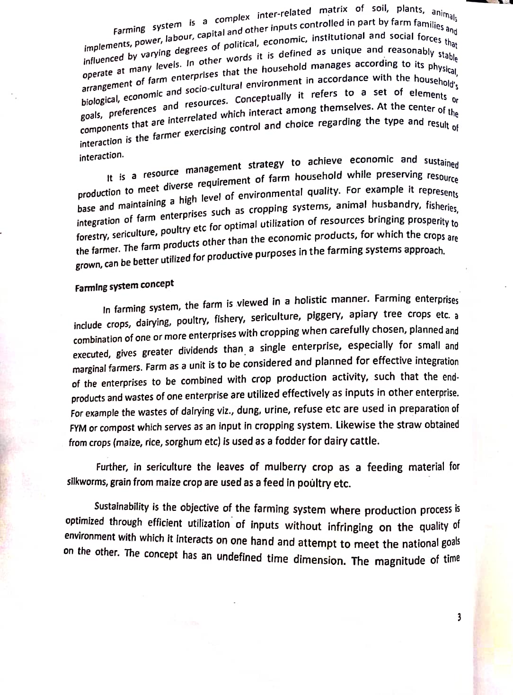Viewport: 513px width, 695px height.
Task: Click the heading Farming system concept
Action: (x=124, y=285)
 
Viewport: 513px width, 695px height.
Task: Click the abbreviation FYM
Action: (x=78, y=428)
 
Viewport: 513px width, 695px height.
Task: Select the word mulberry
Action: (x=285, y=467)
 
